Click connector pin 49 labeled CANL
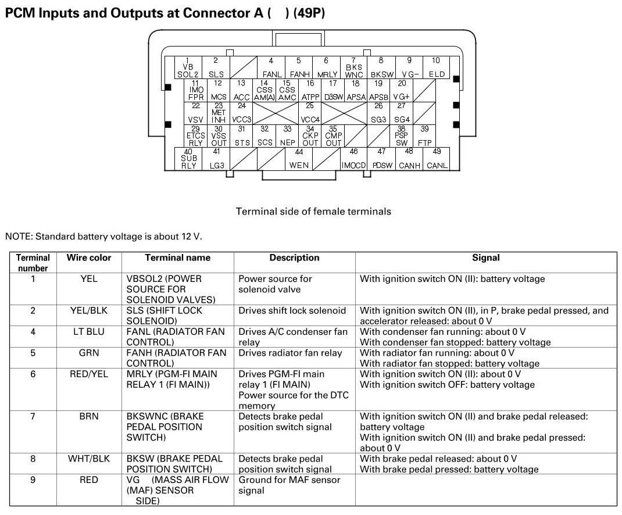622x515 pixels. [437, 159]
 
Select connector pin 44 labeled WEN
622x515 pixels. [299, 159]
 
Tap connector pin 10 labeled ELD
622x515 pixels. [436, 67]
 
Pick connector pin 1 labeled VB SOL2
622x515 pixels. [188, 67]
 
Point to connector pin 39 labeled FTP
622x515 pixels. [424, 136]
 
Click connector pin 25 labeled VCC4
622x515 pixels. [310, 113]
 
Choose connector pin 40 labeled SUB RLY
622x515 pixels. [188, 159]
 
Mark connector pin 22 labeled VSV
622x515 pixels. [196, 113]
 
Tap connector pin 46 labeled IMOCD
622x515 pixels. [353, 159]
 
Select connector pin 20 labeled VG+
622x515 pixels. [402, 90]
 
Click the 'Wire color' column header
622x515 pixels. [89, 257]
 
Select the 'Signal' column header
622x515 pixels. [485, 257]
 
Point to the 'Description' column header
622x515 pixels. [294, 257]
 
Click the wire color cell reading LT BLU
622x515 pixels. [89, 332]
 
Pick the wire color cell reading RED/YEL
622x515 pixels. [89, 374]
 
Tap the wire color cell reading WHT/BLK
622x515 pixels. [89, 459]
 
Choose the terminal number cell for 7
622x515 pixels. [33, 416]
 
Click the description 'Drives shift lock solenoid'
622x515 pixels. [292, 310]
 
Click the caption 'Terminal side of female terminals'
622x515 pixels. [313, 211]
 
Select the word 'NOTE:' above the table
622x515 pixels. [19, 237]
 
